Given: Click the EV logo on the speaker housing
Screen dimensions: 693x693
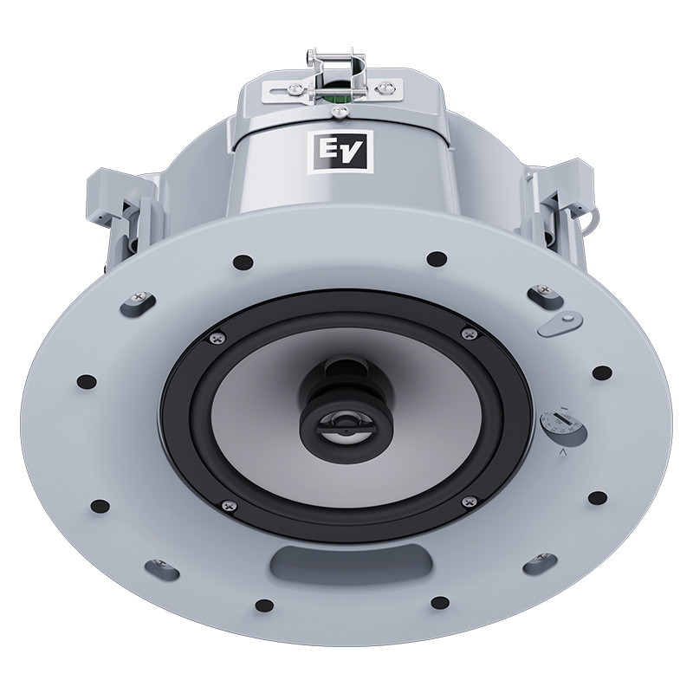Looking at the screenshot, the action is coord(340,150).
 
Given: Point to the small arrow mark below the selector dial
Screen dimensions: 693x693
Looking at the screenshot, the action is coord(563,451).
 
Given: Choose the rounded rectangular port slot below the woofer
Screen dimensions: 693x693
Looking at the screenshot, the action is coord(351,565).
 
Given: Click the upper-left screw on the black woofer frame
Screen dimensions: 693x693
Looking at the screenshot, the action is coord(217,338).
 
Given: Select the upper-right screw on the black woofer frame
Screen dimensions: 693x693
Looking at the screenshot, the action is coord(470,333).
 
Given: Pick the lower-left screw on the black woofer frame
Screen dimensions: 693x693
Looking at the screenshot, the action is coord(229,505).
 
